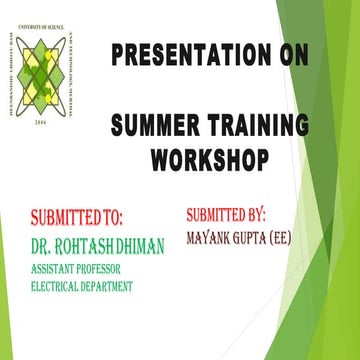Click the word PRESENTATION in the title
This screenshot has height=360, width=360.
pos(174,54)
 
